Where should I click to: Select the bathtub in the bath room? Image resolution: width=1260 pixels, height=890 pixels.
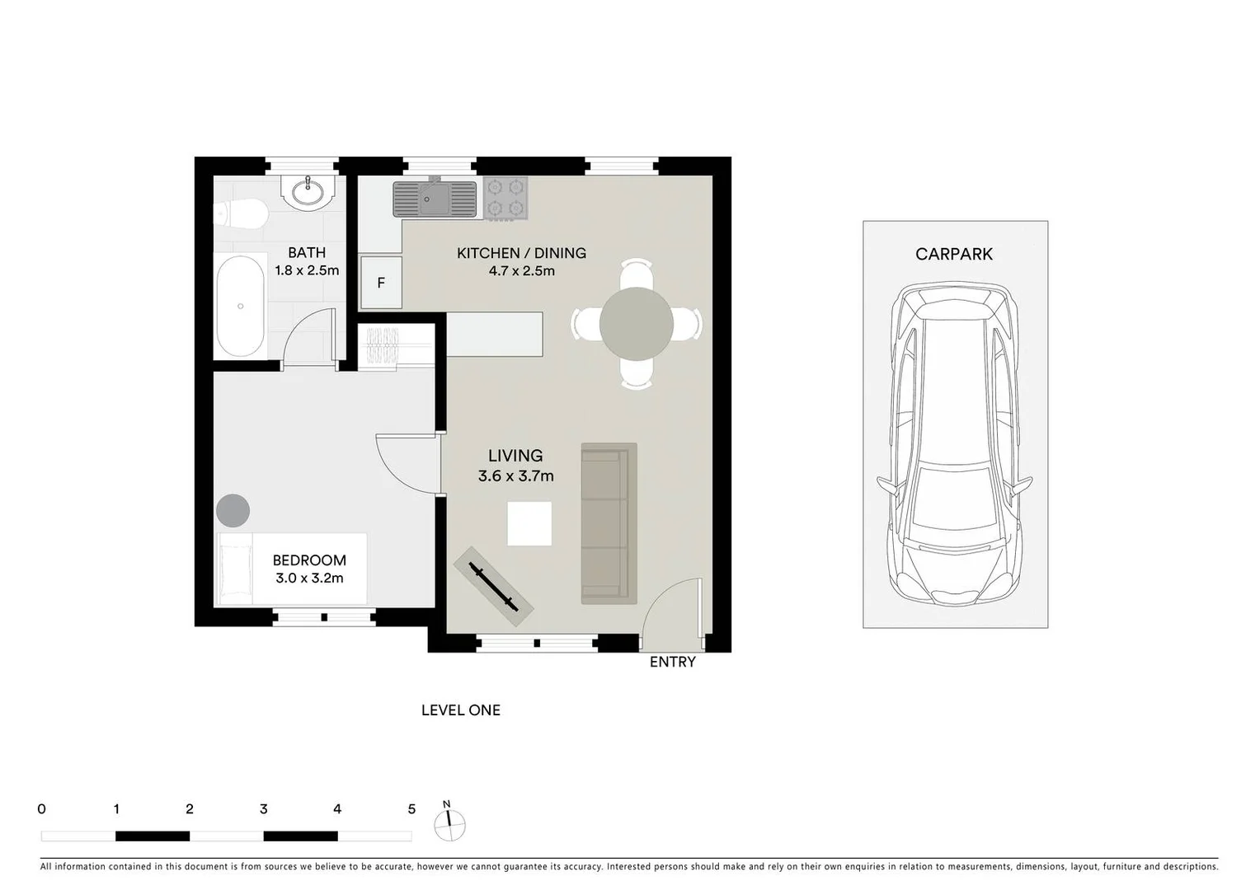240,306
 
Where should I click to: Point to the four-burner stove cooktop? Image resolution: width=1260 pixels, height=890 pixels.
505,198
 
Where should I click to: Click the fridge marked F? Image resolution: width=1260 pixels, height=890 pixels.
381,283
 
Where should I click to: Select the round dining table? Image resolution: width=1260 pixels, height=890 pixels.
637,324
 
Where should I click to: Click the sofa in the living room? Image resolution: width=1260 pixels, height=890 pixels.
609,523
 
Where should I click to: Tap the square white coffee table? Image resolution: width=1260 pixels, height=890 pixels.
529,523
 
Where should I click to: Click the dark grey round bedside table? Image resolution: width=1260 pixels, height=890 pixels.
233,510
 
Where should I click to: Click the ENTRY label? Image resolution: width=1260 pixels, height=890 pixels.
672,662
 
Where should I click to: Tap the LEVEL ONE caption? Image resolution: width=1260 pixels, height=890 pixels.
460,710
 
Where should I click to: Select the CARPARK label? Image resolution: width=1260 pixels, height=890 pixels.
954,254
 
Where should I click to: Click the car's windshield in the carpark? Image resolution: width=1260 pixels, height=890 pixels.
954,494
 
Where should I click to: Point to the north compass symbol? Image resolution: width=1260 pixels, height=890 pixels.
449,823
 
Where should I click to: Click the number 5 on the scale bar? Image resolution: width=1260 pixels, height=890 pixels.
411,809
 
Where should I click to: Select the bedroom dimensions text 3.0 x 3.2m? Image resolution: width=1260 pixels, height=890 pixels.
309,578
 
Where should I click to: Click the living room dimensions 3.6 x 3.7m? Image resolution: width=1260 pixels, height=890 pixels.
515,475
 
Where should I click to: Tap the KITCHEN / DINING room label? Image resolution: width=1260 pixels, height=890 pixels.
521,253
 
